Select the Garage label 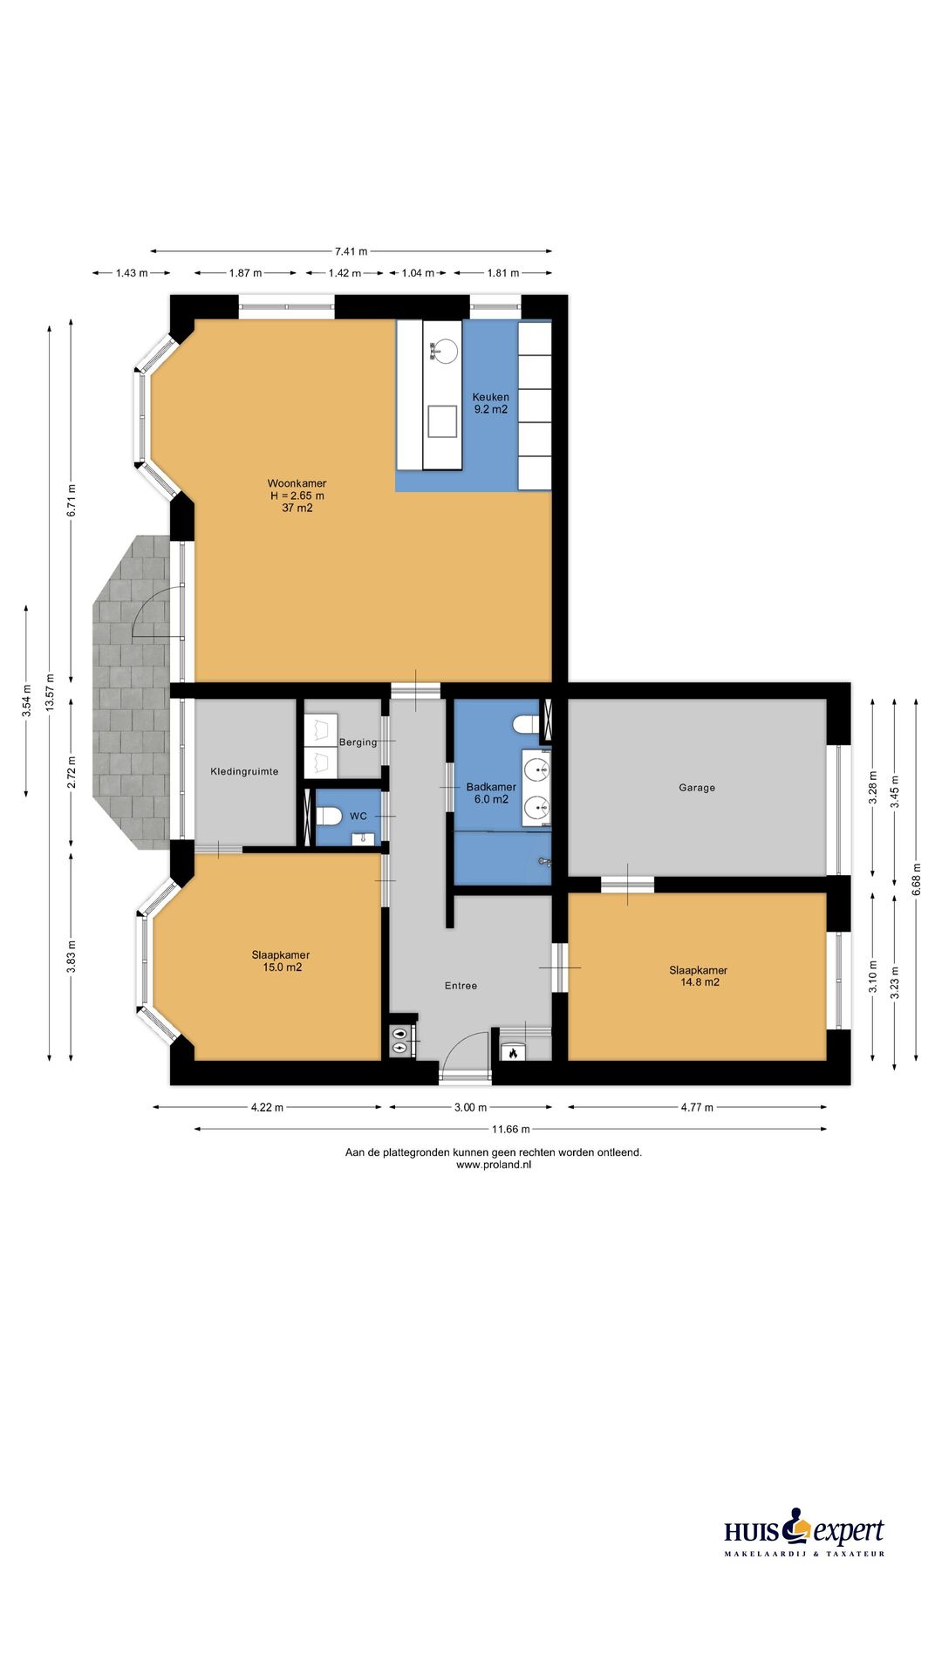coord(697,788)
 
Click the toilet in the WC coord(330,817)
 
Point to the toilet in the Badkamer coord(526,725)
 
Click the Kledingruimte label coord(244,772)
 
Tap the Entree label coord(461,986)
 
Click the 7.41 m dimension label coord(351,251)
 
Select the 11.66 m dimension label coord(510,1129)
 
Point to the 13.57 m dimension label coord(50,691)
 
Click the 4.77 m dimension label coord(697,1107)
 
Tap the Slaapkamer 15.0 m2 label coord(281,961)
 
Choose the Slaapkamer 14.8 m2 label coord(699,976)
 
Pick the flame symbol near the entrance coord(513,1053)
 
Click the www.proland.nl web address coord(493,1165)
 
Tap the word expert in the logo coord(848,1532)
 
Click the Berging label coord(358,742)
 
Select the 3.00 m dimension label coord(470,1107)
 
